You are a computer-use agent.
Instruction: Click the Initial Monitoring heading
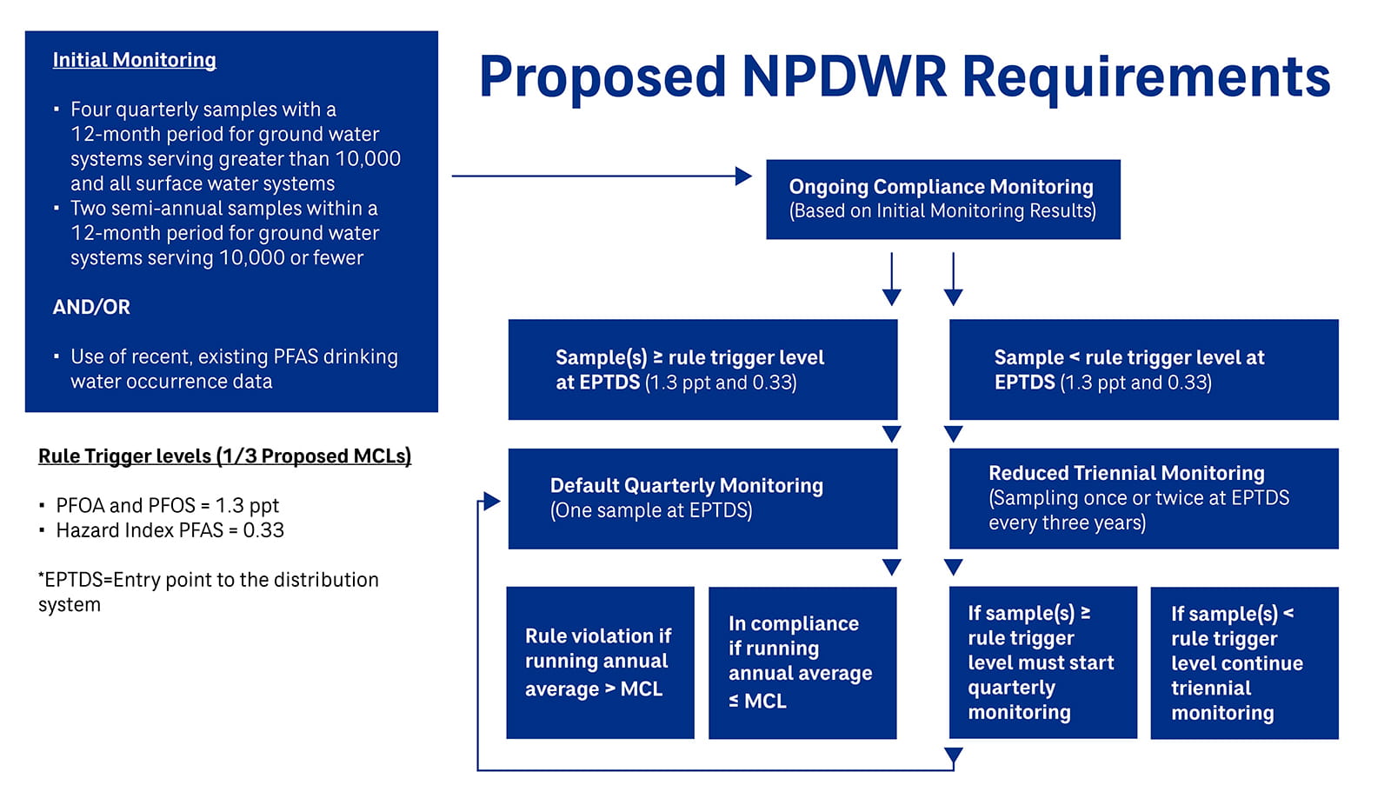[134, 60]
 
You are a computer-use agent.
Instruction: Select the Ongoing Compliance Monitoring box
[942, 199]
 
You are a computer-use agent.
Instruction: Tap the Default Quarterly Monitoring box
[702, 498]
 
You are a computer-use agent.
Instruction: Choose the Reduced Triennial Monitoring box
[1143, 498]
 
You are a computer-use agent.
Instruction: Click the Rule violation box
[600, 662]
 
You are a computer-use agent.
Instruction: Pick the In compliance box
[802, 662]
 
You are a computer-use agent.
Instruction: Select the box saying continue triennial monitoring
[1244, 662]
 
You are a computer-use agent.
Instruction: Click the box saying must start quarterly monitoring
[1042, 662]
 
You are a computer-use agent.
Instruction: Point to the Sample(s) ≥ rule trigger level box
[702, 369]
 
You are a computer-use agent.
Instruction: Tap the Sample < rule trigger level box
[1143, 369]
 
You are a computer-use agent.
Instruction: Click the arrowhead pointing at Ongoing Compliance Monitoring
[743, 176]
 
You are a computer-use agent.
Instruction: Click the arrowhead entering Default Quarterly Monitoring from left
[492, 502]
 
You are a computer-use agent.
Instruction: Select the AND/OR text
[91, 307]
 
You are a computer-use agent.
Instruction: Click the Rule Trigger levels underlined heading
[224, 456]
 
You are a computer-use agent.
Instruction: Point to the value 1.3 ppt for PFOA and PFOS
[247, 506]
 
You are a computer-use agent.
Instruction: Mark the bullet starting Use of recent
[233, 369]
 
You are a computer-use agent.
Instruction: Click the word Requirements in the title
[1146, 77]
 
